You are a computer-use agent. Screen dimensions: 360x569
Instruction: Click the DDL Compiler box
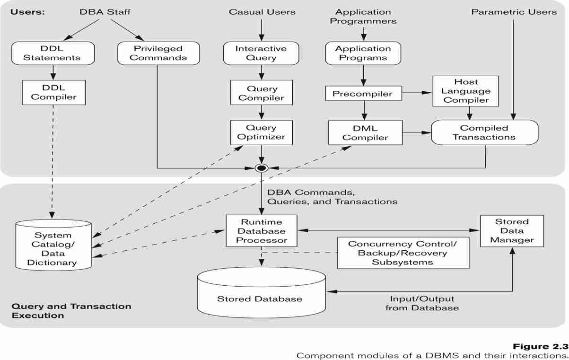click(53, 92)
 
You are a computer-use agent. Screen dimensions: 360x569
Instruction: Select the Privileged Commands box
click(158, 53)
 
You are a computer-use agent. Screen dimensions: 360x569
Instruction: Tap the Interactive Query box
click(261, 53)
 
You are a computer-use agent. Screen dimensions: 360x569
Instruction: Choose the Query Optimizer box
click(261, 132)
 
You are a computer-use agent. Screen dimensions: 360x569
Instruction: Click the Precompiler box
click(362, 93)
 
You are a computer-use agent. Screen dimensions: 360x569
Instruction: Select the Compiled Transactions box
click(484, 132)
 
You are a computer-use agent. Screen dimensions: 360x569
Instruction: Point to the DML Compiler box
click(365, 132)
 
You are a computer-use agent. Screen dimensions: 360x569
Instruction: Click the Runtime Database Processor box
click(261, 231)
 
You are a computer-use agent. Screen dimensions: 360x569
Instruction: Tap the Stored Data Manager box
click(512, 231)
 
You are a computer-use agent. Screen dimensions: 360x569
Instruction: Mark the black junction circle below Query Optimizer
click(261, 167)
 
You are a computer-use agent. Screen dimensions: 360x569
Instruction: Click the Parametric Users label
click(514, 12)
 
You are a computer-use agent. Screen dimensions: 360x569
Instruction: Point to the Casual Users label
click(262, 12)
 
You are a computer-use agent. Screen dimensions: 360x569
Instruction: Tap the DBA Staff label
click(105, 12)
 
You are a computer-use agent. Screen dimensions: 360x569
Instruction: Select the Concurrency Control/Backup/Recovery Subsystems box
click(403, 253)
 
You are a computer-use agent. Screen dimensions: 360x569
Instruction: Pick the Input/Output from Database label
click(422, 303)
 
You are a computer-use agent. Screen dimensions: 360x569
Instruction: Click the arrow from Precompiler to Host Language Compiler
click(417, 93)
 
